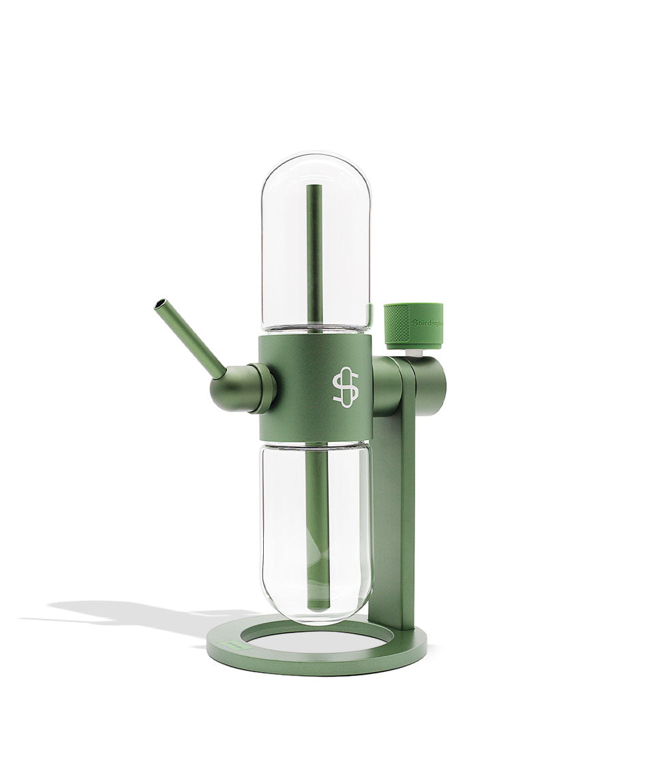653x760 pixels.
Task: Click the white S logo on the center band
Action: click(x=345, y=388)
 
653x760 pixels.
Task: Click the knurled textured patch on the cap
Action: click(x=397, y=325)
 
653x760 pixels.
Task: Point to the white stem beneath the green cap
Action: click(x=413, y=353)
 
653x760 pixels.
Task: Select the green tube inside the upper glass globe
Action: click(x=314, y=252)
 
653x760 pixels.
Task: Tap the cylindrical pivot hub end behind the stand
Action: click(x=434, y=385)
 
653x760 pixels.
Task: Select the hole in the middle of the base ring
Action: click(x=314, y=639)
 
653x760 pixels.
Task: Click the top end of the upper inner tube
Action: click(x=314, y=188)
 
